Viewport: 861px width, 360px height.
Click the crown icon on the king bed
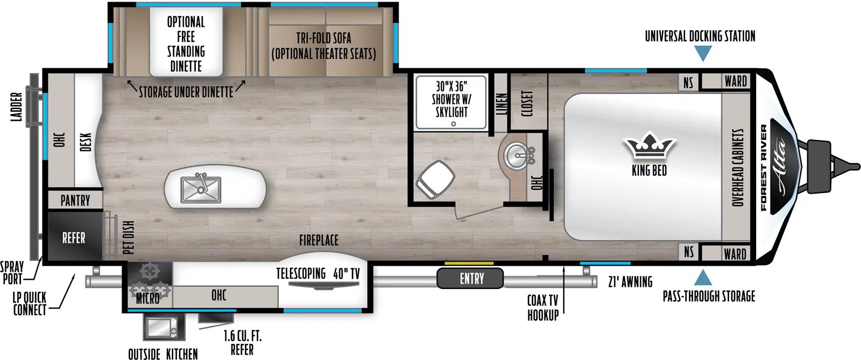pos(649,145)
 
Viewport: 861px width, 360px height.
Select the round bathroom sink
pos(517,155)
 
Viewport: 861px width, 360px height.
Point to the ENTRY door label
pos(471,279)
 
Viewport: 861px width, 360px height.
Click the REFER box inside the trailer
pos(74,238)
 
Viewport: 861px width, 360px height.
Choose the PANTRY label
pos(75,200)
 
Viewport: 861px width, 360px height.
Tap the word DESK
pos(87,142)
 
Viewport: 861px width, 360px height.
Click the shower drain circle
pos(454,124)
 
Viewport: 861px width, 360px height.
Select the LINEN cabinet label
pos(501,104)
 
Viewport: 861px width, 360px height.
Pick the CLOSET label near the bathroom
pos(527,103)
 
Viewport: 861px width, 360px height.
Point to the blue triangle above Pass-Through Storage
pos(703,277)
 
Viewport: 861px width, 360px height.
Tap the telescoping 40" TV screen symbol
pos(323,285)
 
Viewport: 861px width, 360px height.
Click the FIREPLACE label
pos(319,240)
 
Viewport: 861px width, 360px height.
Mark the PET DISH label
pos(129,237)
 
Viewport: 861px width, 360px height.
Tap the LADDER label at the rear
pos(17,107)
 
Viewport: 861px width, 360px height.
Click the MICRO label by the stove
pos(147,298)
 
